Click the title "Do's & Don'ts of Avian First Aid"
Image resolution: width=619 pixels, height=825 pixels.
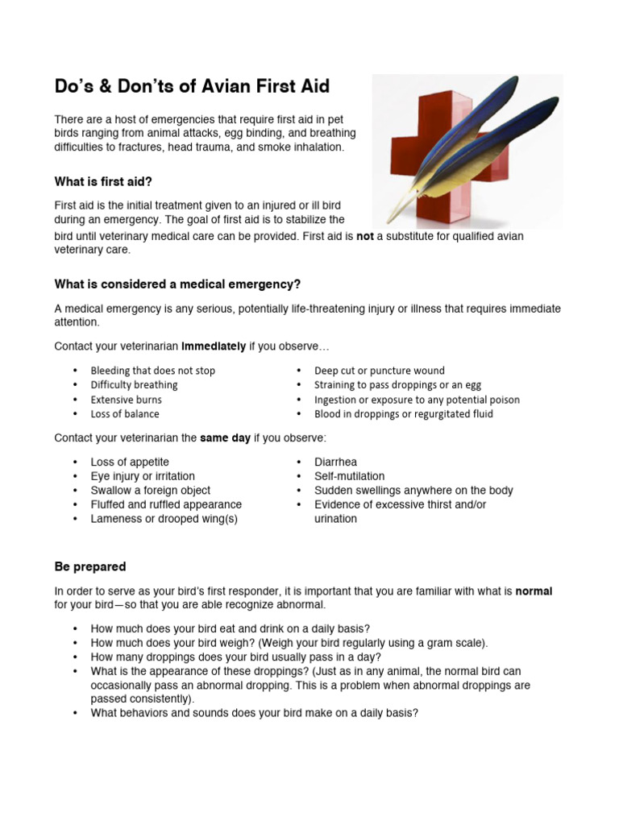click(192, 85)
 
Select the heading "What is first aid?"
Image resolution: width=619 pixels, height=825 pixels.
click(102, 180)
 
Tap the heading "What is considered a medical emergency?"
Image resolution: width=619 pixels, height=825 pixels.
click(177, 284)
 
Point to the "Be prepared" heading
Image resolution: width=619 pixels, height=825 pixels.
click(90, 566)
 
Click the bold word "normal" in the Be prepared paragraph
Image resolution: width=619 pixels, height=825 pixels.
click(534, 591)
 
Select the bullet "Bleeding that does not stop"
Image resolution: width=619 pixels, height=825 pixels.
click(153, 371)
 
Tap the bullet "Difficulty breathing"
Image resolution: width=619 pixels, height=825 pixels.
click(134, 385)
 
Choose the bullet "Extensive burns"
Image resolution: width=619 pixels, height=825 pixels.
click(126, 400)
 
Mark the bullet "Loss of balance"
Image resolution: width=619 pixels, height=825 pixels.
click(125, 414)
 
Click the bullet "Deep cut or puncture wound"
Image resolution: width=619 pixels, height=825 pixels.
click(379, 371)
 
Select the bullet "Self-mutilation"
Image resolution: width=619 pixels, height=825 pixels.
click(349, 476)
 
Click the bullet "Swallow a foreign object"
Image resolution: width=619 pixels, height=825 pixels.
click(151, 490)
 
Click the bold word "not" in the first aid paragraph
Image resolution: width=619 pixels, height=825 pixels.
click(365, 237)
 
